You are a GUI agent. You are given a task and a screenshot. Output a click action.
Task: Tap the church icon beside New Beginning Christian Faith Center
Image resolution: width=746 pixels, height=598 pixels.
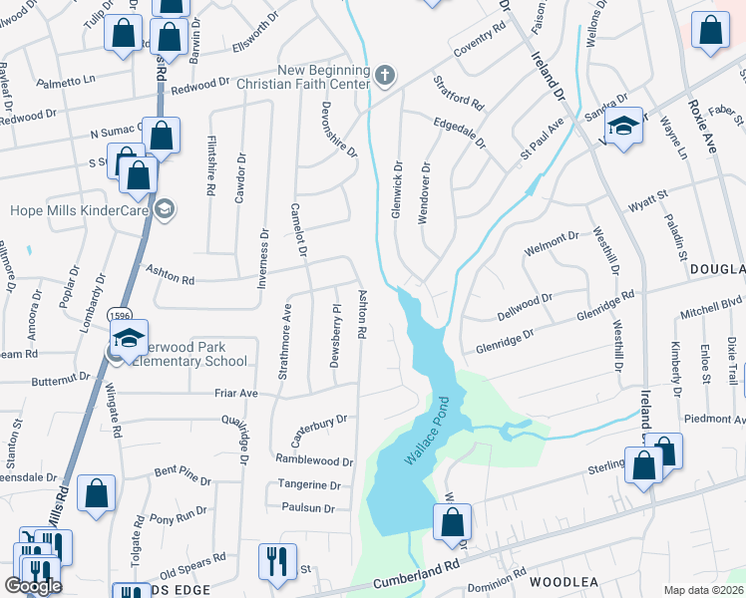point(385,75)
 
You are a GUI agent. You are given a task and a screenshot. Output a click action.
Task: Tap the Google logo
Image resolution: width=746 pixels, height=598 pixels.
point(33,586)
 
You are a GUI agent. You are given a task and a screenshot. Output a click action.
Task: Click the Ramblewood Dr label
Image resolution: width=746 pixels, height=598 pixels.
point(314,461)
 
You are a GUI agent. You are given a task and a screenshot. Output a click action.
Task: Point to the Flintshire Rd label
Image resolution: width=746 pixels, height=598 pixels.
point(211,166)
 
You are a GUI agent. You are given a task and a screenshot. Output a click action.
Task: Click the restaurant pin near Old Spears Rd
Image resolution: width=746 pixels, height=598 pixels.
point(277,561)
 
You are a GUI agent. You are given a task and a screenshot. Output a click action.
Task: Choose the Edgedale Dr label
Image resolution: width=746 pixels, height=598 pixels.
point(460,131)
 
